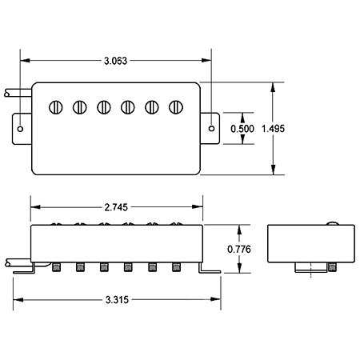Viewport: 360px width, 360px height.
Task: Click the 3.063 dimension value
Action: [115, 61]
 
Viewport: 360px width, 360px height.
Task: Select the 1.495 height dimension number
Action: [273, 129]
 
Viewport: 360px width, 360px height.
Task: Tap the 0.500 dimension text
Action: [242, 129]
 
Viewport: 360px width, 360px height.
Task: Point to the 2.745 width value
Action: [116, 207]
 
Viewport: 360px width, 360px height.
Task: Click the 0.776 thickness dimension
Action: [239, 250]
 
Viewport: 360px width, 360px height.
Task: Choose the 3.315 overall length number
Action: [117, 300]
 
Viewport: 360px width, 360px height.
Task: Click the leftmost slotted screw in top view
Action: [56, 107]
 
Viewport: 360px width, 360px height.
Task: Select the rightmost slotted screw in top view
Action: [176, 107]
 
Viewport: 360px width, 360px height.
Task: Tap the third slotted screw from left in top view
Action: [104, 107]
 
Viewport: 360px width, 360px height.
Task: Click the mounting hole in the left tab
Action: [20, 129]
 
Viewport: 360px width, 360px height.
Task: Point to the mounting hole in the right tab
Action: [211, 129]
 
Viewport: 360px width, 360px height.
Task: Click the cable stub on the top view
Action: [18, 93]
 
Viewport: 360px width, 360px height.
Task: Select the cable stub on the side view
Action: [18, 262]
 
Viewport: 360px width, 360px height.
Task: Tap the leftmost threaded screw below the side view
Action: [56, 267]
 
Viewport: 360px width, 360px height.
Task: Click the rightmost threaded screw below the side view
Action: [176, 267]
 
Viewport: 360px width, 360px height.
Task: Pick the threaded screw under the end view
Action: [331, 267]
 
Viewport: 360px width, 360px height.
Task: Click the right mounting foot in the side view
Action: [209, 269]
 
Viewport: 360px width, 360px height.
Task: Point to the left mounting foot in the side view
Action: [25, 269]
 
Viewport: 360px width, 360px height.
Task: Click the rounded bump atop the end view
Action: [333, 223]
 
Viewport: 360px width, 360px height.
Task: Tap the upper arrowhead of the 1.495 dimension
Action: [273, 87]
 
